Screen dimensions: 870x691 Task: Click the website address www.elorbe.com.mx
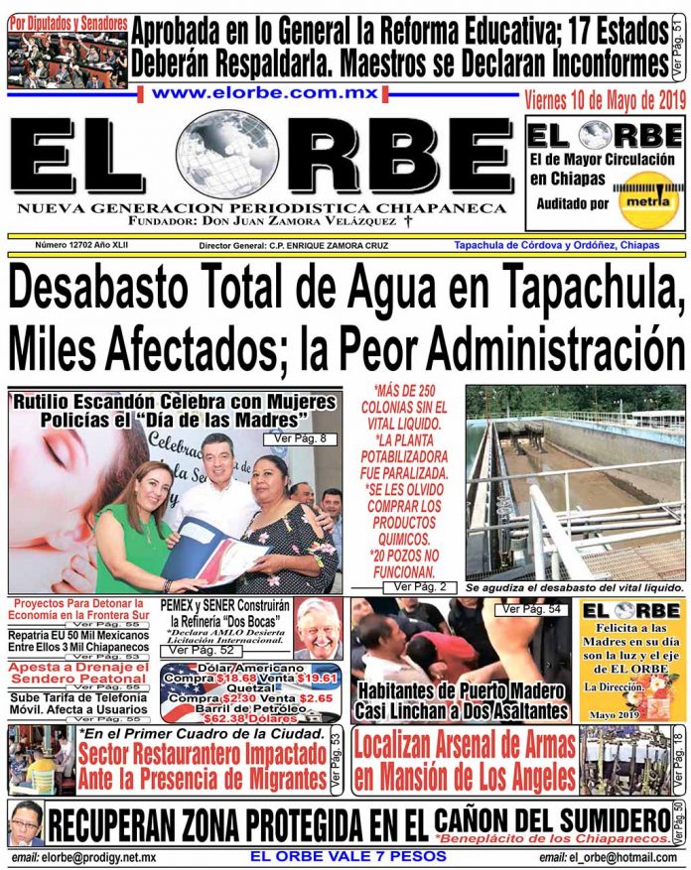265,92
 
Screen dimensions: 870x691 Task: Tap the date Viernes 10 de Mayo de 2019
605,99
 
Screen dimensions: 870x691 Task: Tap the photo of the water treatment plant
574,483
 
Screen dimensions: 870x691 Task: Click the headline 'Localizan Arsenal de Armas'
464,745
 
